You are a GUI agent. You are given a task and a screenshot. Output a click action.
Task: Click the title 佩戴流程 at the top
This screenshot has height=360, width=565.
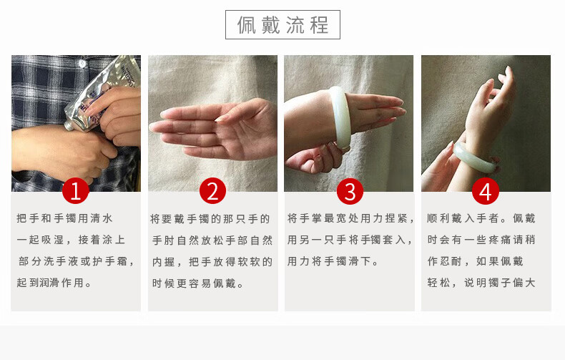(x=282, y=25)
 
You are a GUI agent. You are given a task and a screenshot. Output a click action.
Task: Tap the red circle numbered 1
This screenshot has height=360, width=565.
(x=75, y=191)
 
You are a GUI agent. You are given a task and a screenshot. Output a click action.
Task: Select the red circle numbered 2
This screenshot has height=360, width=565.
(x=212, y=191)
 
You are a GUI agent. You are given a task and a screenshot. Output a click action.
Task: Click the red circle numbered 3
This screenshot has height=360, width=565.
(x=350, y=191)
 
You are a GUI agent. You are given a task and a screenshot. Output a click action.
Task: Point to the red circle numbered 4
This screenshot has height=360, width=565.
(x=486, y=191)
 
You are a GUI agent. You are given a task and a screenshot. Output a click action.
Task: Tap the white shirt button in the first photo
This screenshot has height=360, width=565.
(x=82, y=64)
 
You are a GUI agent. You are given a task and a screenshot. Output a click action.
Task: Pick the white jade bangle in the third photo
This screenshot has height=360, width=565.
(x=340, y=117)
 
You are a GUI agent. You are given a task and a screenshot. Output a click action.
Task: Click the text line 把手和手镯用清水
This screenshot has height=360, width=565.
(x=65, y=218)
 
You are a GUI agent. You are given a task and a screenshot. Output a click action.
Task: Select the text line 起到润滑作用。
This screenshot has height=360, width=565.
(x=54, y=283)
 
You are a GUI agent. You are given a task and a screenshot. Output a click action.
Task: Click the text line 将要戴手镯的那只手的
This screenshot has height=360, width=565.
(x=210, y=219)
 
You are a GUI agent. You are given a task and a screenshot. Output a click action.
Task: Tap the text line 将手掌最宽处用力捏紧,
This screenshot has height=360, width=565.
(x=350, y=218)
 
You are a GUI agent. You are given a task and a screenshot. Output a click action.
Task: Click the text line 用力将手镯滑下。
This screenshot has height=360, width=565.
(x=333, y=261)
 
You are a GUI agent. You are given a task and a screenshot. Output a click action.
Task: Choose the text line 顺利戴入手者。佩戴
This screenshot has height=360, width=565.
(x=481, y=218)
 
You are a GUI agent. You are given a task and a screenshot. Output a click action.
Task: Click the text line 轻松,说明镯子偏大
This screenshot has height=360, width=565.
(x=481, y=283)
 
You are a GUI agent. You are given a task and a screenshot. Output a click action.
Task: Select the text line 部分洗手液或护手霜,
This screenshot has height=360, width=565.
(x=77, y=261)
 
